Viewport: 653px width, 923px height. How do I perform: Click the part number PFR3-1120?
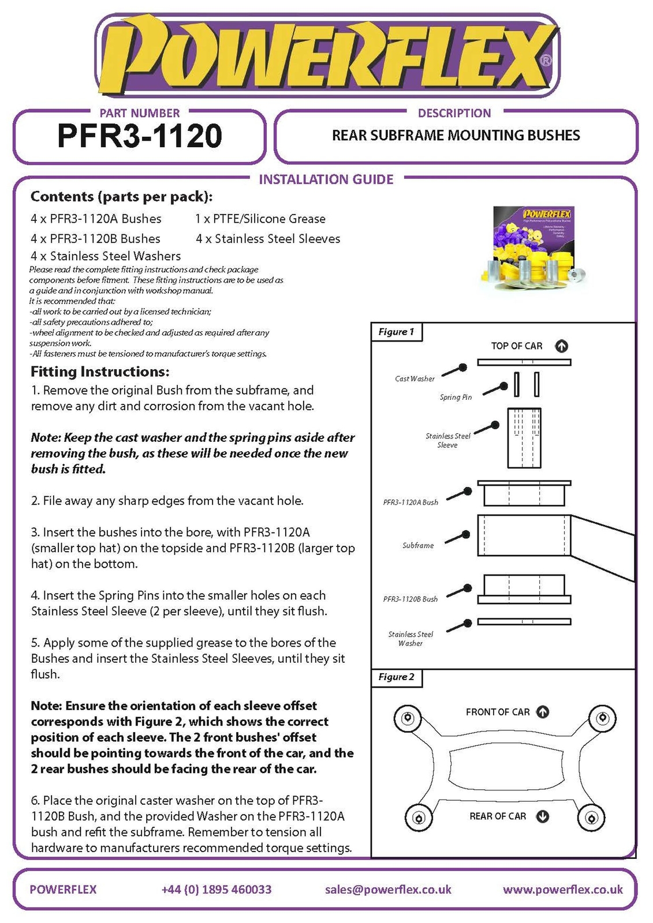(x=140, y=136)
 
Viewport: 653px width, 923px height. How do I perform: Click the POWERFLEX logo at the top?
(x=326, y=57)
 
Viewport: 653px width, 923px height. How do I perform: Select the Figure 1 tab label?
(x=396, y=332)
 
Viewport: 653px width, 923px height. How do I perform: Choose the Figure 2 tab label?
(x=396, y=677)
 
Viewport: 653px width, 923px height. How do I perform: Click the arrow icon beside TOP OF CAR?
(x=561, y=346)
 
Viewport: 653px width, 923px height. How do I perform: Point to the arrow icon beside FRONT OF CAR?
(x=542, y=712)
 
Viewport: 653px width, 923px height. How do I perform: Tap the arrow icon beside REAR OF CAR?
(x=542, y=816)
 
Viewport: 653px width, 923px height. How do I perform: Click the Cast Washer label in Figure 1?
(x=415, y=379)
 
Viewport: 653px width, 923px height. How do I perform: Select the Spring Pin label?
(x=456, y=397)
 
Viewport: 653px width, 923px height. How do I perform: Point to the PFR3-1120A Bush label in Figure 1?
(x=411, y=502)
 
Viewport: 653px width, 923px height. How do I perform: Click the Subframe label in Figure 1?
(x=418, y=545)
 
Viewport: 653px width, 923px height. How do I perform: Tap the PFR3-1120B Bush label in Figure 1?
(x=411, y=599)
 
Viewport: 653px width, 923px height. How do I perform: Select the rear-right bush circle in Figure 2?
(x=590, y=818)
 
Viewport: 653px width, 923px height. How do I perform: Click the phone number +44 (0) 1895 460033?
(x=217, y=890)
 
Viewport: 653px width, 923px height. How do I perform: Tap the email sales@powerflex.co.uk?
(x=388, y=890)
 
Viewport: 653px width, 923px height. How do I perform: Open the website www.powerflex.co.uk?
(x=563, y=890)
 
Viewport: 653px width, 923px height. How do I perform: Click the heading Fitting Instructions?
(x=100, y=372)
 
